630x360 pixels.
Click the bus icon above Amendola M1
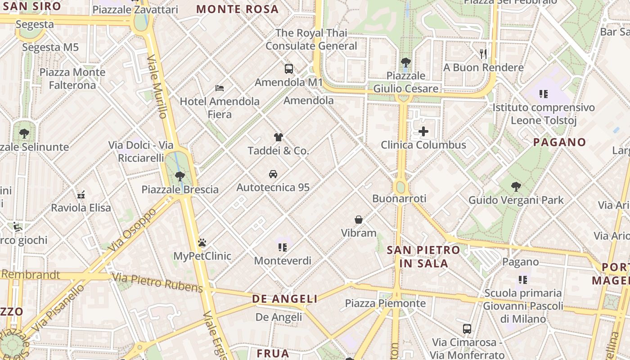click(289, 69)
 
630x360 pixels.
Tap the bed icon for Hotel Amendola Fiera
click(220, 88)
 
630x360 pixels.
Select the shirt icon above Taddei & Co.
click(278, 137)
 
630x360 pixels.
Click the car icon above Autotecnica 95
click(273, 174)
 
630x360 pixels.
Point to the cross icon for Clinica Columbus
click(423, 132)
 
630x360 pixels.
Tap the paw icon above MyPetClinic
click(202, 243)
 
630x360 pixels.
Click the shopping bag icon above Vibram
click(359, 220)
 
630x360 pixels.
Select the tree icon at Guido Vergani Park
click(516, 187)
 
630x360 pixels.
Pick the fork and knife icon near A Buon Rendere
click(483, 54)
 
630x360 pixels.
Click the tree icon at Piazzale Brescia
click(180, 176)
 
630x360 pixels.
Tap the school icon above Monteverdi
click(282, 247)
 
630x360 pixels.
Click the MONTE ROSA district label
click(238, 9)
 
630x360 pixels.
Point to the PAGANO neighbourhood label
click(559, 142)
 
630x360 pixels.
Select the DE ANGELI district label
click(284, 299)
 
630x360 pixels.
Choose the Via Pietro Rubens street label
click(157, 282)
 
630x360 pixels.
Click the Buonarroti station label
click(399, 198)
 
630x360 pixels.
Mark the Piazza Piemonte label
click(385, 303)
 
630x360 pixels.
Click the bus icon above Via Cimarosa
click(467, 328)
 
